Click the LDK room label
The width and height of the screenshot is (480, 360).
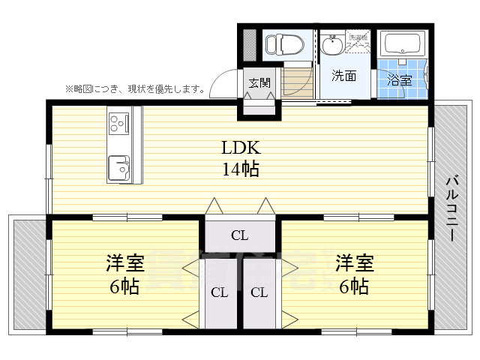(x=239, y=147)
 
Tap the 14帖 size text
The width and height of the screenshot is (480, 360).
(x=239, y=169)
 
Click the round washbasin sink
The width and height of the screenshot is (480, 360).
(x=331, y=46)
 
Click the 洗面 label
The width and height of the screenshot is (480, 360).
(x=343, y=76)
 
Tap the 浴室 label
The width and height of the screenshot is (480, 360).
(x=399, y=79)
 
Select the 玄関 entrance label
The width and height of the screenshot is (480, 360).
(x=259, y=82)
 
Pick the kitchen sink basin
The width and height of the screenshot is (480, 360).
(x=119, y=166)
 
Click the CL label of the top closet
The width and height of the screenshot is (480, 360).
(x=239, y=235)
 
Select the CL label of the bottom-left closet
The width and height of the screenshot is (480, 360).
(x=219, y=292)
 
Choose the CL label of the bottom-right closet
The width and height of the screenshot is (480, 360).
(x=259, y=292)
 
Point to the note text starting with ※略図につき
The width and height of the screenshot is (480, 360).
(x=135, y=89)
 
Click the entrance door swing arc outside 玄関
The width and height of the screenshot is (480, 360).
(x=223, y=82)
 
